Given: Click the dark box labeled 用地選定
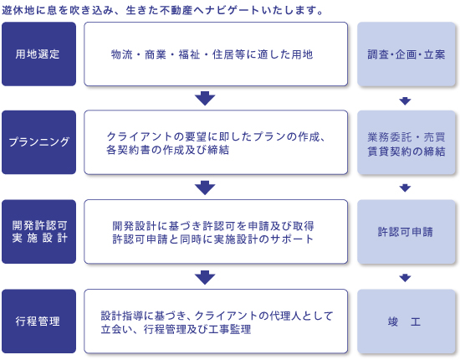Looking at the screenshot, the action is (x=38, y=54).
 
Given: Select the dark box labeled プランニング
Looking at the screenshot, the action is (x=38, y=142).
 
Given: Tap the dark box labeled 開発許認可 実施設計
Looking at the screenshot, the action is (x=38, y=232).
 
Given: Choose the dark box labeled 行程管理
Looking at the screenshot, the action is (x=38, y=321).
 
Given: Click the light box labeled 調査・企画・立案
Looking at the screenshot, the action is (x=406, y=54).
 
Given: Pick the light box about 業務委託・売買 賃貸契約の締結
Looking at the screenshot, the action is (x=406, y=142).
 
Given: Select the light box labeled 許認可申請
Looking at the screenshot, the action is (x=406, y=232).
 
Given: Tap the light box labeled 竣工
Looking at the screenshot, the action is (x=406, y=321).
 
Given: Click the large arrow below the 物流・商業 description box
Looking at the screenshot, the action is (x=205, y=98).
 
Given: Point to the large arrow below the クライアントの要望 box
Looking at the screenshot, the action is (x=205, y=188).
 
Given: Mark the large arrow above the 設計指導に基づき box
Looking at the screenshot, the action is (x=205, y=277).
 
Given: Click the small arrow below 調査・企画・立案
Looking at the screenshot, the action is (x=405, y=101).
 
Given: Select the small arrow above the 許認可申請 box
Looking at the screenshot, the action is (x=405, y=188).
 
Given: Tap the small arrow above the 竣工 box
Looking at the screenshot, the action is (x=405, y=278).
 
